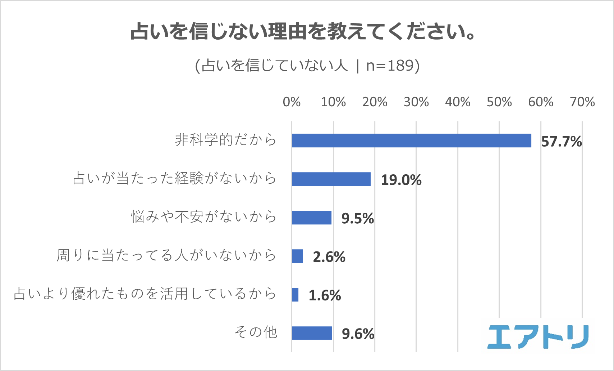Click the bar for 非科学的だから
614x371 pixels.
411,140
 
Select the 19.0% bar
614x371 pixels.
331,179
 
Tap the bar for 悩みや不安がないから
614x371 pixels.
311,218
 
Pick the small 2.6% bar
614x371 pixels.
297,256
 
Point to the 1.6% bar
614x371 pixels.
295,295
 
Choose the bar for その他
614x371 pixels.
312,333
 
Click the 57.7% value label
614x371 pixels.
561,142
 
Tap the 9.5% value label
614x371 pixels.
358,219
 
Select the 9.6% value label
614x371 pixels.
358,334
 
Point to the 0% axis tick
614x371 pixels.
292,102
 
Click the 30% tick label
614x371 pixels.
416,102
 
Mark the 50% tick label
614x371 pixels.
499,102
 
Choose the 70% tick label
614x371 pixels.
582,102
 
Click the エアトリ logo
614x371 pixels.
538,337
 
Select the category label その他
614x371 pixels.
256,332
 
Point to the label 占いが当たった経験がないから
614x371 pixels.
174,178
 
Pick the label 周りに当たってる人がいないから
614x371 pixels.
166,255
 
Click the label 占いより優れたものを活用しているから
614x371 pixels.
145,294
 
